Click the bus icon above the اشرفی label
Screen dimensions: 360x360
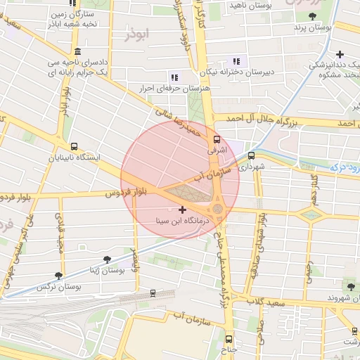[217, 139]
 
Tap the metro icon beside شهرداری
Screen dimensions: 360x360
[252, 155]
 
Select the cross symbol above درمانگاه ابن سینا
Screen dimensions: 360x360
[183, 210]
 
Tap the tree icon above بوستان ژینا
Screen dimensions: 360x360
[107, 259]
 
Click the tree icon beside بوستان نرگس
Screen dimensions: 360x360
[58, 276]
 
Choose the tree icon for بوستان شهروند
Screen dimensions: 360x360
[350, 285]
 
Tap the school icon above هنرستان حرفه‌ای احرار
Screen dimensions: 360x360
[174, 77]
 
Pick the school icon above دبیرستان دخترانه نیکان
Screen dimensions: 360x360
[237, 60]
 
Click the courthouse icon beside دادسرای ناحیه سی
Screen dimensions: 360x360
[76, 53]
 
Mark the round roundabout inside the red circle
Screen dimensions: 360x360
[217, 210]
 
